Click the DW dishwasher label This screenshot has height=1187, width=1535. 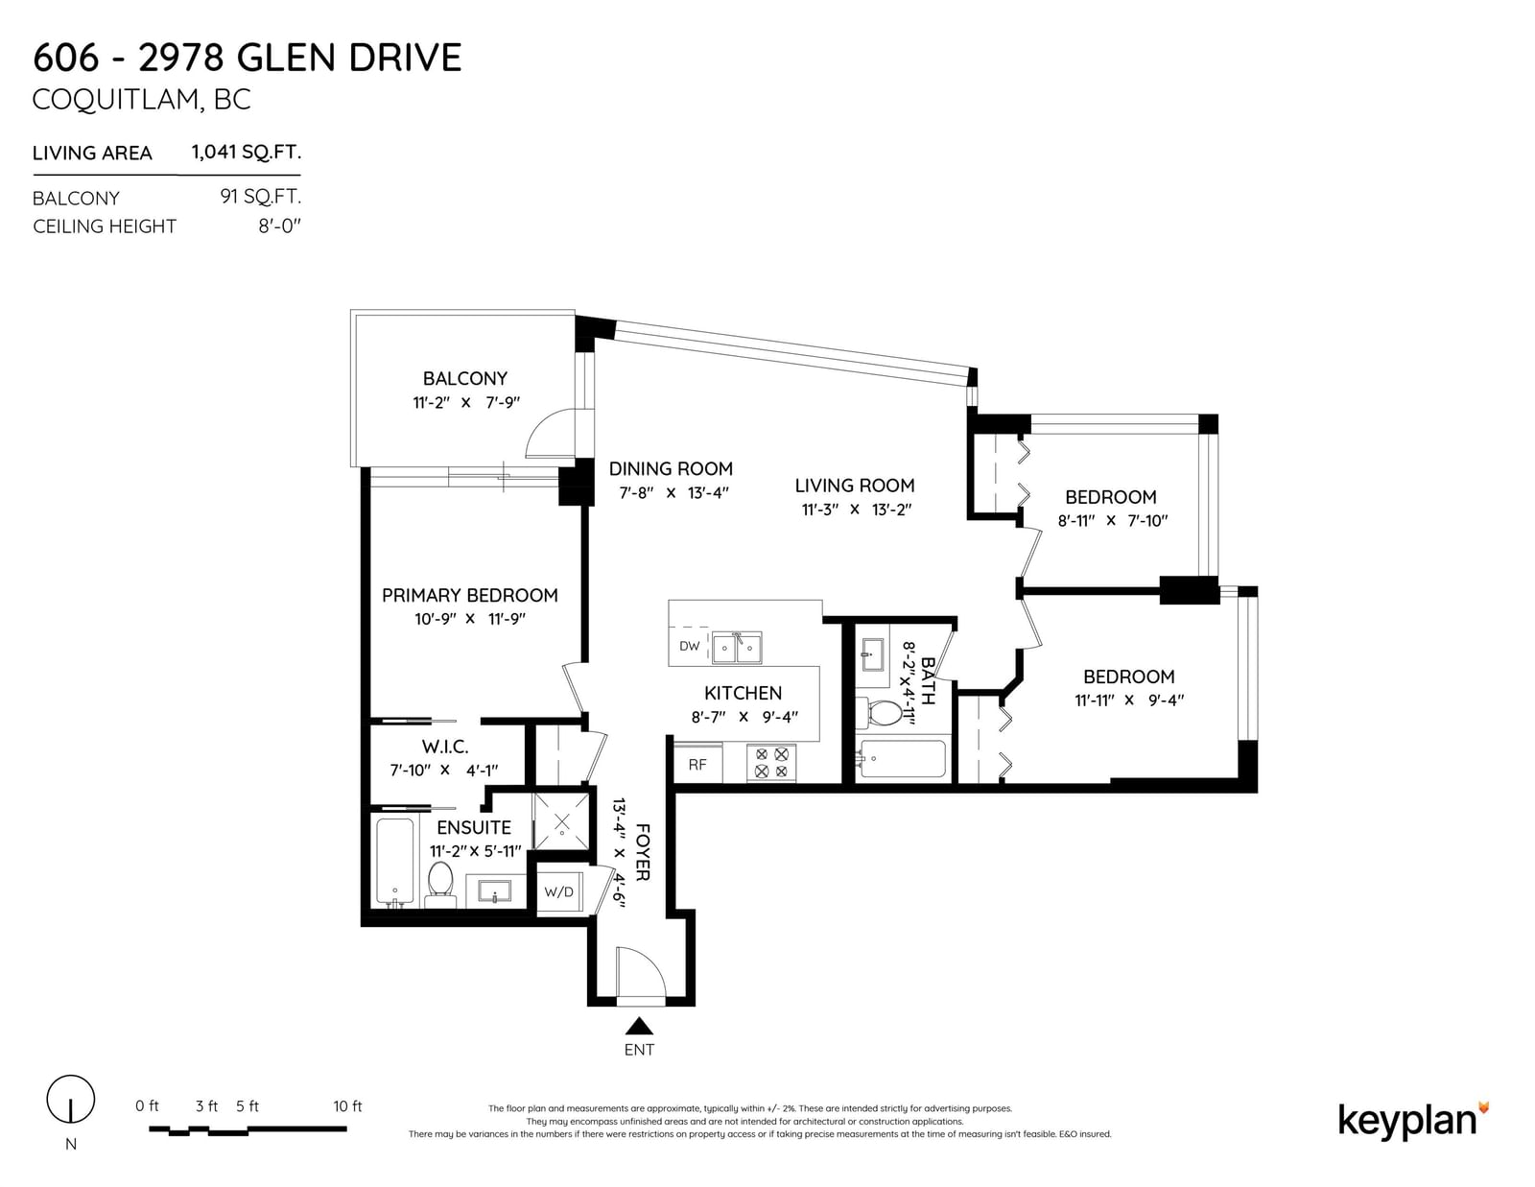(x=689, y=646)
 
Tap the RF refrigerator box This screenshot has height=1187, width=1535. (x=697, y=763)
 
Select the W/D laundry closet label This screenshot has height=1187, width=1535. (x=558, y=891)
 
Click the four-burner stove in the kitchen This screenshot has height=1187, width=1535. (x=771, y=763)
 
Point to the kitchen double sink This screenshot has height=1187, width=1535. (x=737, y=647)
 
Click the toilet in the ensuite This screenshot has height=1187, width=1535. (x=440, y=883)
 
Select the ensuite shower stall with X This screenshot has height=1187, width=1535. (x=561, y=821)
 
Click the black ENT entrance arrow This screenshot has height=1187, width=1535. (x=639, y=1025)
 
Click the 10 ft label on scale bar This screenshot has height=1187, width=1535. (x=347, y=1105)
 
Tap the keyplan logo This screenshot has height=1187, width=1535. (x=1414, y=1121)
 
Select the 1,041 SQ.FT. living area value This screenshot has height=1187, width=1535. (x=247, y=152)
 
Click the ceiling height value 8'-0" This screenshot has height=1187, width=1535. (x=280, y=226)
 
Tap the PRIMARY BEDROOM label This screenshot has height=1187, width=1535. (x=470, y=595)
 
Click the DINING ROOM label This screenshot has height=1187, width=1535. (x=671, y=468)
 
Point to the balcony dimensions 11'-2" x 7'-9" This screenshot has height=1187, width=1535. (x=466, y=402)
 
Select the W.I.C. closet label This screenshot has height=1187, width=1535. (x=445, y=747)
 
